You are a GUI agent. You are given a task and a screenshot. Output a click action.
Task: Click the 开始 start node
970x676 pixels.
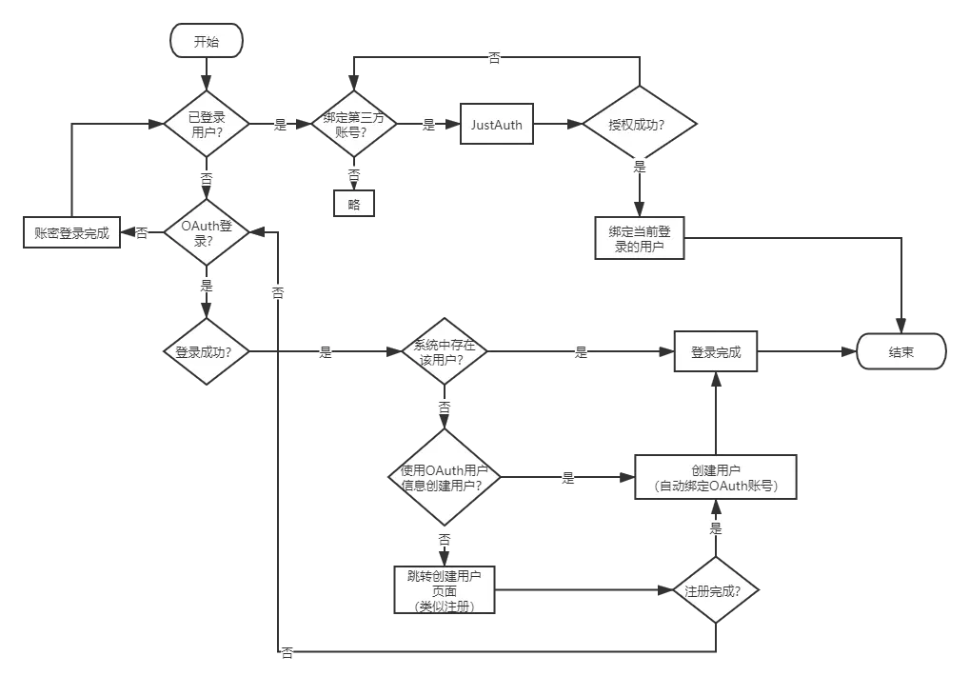tap(206, 41)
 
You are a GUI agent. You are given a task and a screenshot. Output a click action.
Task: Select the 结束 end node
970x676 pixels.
tap(901, 351)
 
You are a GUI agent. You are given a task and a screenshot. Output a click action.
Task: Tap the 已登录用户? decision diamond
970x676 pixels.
tap(207, 124)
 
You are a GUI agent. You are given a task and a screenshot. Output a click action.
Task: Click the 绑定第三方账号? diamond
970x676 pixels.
tap(354, 125)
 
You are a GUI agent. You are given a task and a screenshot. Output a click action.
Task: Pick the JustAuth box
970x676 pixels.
tap(496, 125)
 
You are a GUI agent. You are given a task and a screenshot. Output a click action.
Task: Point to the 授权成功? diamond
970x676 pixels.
tap(639, 125)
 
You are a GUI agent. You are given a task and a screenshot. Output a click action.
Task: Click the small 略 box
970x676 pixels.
tap(354, 203)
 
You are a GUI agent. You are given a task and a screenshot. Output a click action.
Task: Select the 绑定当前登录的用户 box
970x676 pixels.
tap(639, 238)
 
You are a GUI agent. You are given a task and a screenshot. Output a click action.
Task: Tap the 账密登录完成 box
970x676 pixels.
tap(71, 232)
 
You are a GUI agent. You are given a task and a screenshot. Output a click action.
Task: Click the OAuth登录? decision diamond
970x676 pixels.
tap(207, 232)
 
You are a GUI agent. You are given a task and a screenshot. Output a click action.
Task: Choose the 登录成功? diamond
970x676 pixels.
tap(207, 351)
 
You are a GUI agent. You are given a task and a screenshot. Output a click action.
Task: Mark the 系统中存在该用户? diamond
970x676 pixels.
tap(445, 351)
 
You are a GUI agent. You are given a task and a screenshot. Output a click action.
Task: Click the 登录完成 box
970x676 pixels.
tap(716, 351)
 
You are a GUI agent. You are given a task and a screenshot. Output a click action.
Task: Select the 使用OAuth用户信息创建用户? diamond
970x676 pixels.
tap(445, 477)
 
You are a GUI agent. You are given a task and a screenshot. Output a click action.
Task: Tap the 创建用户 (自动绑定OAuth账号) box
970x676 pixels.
tap(715, 477)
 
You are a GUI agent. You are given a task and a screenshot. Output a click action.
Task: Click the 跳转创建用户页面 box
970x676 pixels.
tap(445, 590)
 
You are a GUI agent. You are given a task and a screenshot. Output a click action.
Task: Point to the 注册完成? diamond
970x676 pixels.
tap(715, 590)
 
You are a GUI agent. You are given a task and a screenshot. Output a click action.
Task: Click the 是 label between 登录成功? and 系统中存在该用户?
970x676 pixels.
tap(326, 352)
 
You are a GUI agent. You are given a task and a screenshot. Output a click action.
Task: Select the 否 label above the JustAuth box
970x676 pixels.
tap(494, 57)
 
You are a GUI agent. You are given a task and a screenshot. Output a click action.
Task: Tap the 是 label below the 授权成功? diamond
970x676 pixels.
tap(640, 167)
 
